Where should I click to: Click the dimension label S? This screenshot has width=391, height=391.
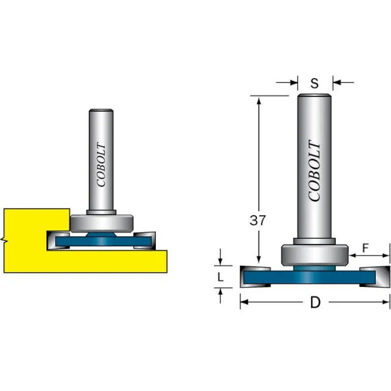pyautogui.click(x=315, y=83)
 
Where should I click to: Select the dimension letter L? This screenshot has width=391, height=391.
pyautogui.click(x=220, y=277)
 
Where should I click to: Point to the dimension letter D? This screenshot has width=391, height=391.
pyautogui.click(x=315, y=303)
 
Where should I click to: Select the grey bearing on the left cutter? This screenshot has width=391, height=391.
pyautogui.click(x=102, y=222)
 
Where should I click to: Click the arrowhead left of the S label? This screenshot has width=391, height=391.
pyautogui.click(x=294, y=82)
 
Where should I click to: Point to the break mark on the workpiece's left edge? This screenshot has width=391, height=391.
pyautogui.click(x=4, y=239)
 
